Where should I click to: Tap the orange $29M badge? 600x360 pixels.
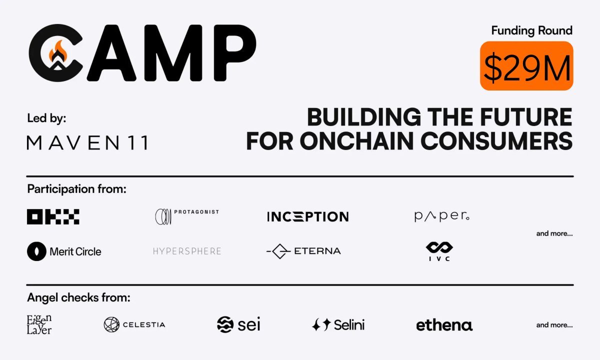(x=526, y=66)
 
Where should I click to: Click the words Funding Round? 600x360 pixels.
(x=532, y=31)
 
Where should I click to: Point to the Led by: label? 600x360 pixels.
(x=46, y=118)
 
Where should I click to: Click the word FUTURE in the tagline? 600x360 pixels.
(x=526, y=117)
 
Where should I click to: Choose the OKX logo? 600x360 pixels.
(x=53, y=216)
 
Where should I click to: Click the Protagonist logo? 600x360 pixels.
(x=187, y=216)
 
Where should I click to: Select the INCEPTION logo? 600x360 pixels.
(x=308, y=216)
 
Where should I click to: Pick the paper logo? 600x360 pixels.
(x=442, y=216)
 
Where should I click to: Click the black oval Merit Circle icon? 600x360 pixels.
(x=36, y=251)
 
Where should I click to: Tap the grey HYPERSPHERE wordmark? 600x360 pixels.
(x=187, y=251)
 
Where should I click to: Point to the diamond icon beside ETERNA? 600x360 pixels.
(x=279, y=251)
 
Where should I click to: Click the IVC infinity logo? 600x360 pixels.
(x=439, y=251)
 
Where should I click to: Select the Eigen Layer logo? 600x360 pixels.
(x=39, y=324)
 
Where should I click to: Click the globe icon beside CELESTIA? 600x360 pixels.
(x=111, y=324)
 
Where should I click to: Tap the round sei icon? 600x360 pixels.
(x=225, y=324)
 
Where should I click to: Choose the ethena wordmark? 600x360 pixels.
(x=444, y=325)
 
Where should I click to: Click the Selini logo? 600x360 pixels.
(x=338, y=324)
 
